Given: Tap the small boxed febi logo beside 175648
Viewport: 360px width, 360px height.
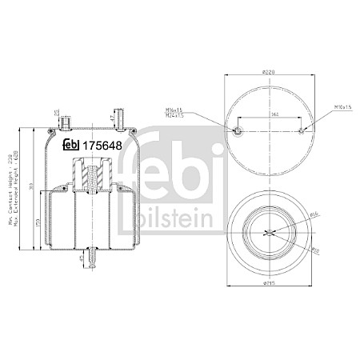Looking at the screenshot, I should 72,145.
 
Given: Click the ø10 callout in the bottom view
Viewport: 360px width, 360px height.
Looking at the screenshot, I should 314,249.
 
